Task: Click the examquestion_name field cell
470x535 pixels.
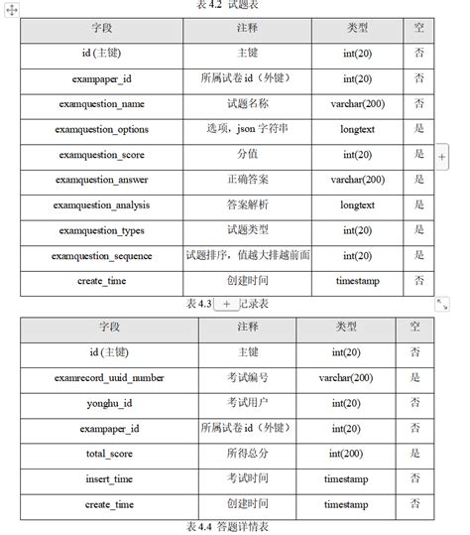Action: coord(102,103)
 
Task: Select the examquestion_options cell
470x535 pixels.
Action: coord(102,129)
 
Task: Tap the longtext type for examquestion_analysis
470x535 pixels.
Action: coord(357,205)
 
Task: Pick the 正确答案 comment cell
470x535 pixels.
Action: coord(247,180)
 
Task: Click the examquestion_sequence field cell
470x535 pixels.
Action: coord(102,256)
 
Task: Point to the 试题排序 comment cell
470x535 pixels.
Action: coord(247,255)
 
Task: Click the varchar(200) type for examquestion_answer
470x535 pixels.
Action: coord(357,180)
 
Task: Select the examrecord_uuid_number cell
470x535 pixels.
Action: coord(111,377)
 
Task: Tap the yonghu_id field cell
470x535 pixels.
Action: coord(111,403)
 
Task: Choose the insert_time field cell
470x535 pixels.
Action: coord(111,479)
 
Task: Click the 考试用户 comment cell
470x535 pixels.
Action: coord(247,403)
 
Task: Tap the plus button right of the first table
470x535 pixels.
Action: coord(442,157)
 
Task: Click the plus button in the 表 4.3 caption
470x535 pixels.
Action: coord(226,304)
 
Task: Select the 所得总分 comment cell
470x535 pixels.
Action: coord(247,454)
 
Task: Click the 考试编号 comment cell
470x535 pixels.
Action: coord(247,377)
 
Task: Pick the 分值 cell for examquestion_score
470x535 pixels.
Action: coord(247,155)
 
